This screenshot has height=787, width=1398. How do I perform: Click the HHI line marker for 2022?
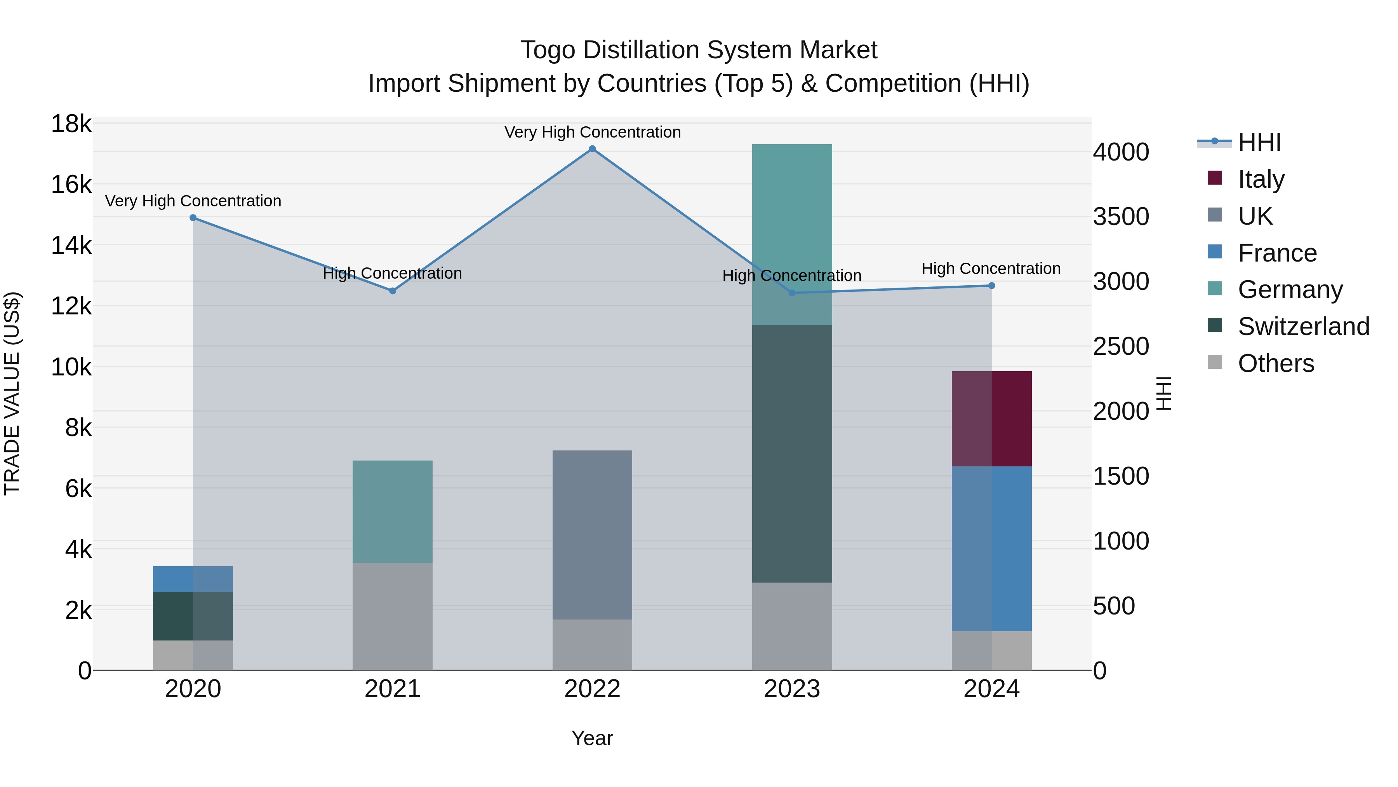point(592,149)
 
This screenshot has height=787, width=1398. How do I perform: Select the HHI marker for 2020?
point(193,218)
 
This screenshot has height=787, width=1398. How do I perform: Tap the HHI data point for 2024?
point(991,286)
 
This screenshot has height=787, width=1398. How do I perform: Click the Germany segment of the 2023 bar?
point(792,234)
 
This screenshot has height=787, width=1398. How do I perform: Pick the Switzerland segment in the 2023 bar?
point(792,454)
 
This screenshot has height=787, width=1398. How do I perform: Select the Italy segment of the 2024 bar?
point(991,419)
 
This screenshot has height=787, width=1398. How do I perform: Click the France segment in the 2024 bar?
point(991,548)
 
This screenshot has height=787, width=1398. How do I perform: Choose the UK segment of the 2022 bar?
point(592,535)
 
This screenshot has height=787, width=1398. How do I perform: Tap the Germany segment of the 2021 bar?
point(392,511)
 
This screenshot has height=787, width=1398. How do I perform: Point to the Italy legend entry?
point(1261,179)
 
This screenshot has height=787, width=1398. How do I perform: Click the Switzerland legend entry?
point(1303,326)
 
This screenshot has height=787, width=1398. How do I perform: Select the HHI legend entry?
point(1259,142)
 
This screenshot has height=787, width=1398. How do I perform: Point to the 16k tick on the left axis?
point(71,185)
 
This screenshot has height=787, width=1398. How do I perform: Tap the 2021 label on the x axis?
point(392,689)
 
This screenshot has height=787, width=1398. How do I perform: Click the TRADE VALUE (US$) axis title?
point(12,393)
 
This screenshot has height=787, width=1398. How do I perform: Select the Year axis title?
point(592,738)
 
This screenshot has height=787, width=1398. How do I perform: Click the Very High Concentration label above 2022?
point(592,132)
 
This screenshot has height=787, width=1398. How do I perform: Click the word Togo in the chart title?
point(548,50)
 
